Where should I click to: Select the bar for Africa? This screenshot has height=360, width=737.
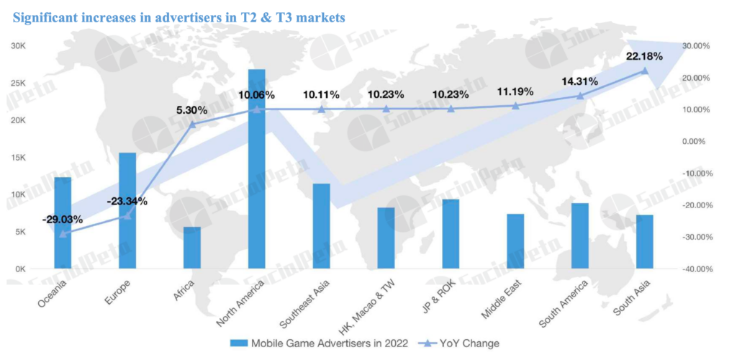click(192, 248)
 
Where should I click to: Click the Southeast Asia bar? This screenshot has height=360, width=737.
click(321, 226)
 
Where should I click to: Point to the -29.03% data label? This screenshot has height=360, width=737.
click(62, 219)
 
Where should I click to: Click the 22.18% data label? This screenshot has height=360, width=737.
click(644, 57)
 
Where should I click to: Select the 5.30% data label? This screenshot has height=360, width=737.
click(191, 110)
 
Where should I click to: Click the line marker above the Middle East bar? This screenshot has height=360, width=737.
click(515, 106)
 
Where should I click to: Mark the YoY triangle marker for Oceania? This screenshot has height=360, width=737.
click(63, 233)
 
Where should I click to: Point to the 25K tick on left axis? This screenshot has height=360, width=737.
click(18, 83)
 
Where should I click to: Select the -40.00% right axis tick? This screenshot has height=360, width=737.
click(696, 269)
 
